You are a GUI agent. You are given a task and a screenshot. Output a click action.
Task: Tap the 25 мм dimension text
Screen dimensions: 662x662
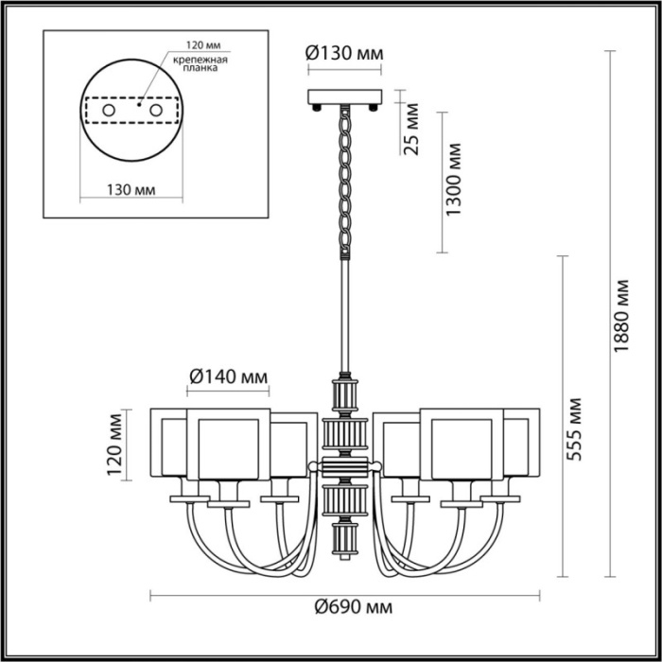(411, 135)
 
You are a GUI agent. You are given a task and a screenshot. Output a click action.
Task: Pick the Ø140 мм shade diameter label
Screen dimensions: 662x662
(228, 376)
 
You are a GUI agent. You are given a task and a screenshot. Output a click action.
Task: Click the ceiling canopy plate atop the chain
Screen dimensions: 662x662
(345, 96)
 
